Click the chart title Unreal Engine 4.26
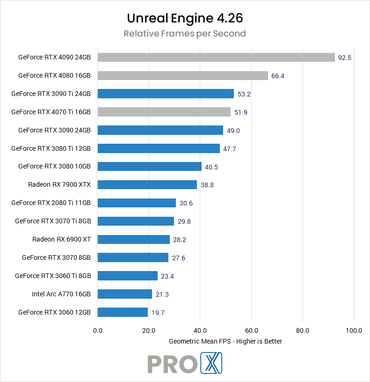pyautogui.click(x=185, y=18)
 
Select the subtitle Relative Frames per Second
pyautogui.click(x=185, y=34)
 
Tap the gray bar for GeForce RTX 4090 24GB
pyautogui.click(x=216, y=58)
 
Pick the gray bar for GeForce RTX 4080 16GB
pyautogui.click(x=183, y=75)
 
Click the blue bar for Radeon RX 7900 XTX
pyautogui.click(x=147, y=185)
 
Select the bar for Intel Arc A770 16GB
pyautogui.click(x=125, y=294)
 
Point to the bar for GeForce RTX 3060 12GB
pyautogui.click(x=123, y=312)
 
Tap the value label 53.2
pyautogui.click(x=244, y=94)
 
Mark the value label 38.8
pyautogui.click(x=207, y=185)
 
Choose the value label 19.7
pyautogui.click(x=158, y=312)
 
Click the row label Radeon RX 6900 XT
pyautogui.click(x=61, y=239)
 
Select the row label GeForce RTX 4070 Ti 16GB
pyautogui.click(x=51, y=112)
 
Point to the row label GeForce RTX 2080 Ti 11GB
pyautogui.click(x=51, y=203)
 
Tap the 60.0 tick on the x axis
pyautogui.click(x=251, y=331)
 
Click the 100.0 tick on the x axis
pyautogui.click(x=354, y=331)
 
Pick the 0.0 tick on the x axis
pyautogui.click(x=98, y=331)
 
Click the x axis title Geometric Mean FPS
pyautogui.click(x=225, y=341)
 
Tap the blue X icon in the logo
pyautogui.click(x=211, y=363)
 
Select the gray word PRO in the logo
pyautogui.click(x=171, y=364)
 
